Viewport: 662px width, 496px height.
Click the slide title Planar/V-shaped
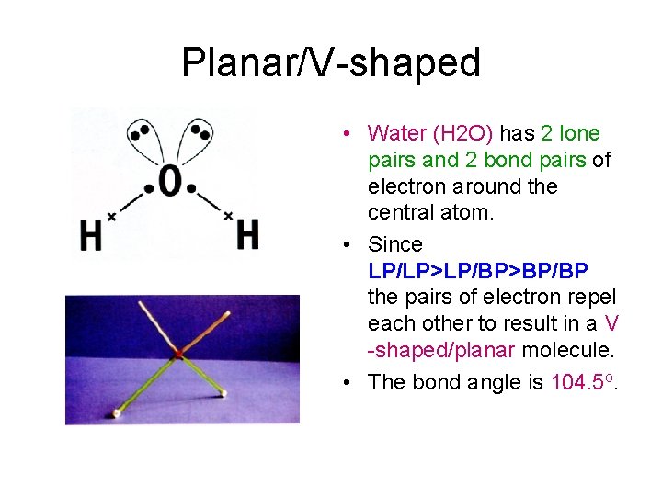click(331, 62)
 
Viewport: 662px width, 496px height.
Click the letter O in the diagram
click(169, 182)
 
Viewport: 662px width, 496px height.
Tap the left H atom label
click(90, 236)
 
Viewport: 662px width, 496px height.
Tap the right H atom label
click(247, 233)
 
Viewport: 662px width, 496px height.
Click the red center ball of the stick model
click(178, 353)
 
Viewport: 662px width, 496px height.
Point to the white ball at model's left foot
click(116, 413)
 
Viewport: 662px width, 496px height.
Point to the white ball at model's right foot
click(223, 394)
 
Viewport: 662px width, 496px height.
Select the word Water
click(396, 134)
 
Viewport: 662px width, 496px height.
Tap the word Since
click(394, 245)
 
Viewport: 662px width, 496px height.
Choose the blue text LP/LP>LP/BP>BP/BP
click(478, 271)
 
